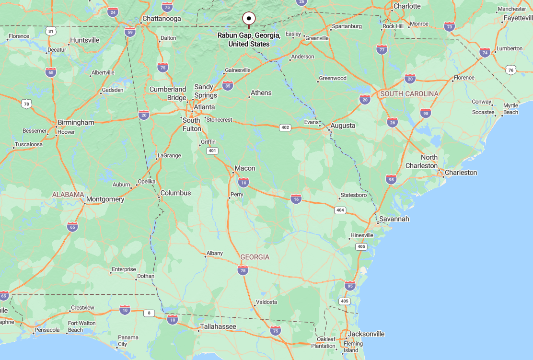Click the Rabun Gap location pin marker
click(249, 19)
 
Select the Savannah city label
click(394, 219)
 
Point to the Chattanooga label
click(162, 19)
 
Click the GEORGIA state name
click(255, 257)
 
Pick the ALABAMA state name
click(68, 195)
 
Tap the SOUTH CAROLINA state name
click(409, 94)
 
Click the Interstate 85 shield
click(228, 86)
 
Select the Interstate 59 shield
click(129, 33)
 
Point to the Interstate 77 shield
click(382, 49)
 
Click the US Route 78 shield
click(26, 104)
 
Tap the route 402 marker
click(285, 128)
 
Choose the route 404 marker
click(340, 210)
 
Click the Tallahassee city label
click(218, 326)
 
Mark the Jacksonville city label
click(367, 334)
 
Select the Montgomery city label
click(105, 199)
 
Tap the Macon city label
click(244, 168)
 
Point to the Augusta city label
click(343, 126)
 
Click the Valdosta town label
click(266, 302)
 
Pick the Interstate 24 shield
click(113, 12)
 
